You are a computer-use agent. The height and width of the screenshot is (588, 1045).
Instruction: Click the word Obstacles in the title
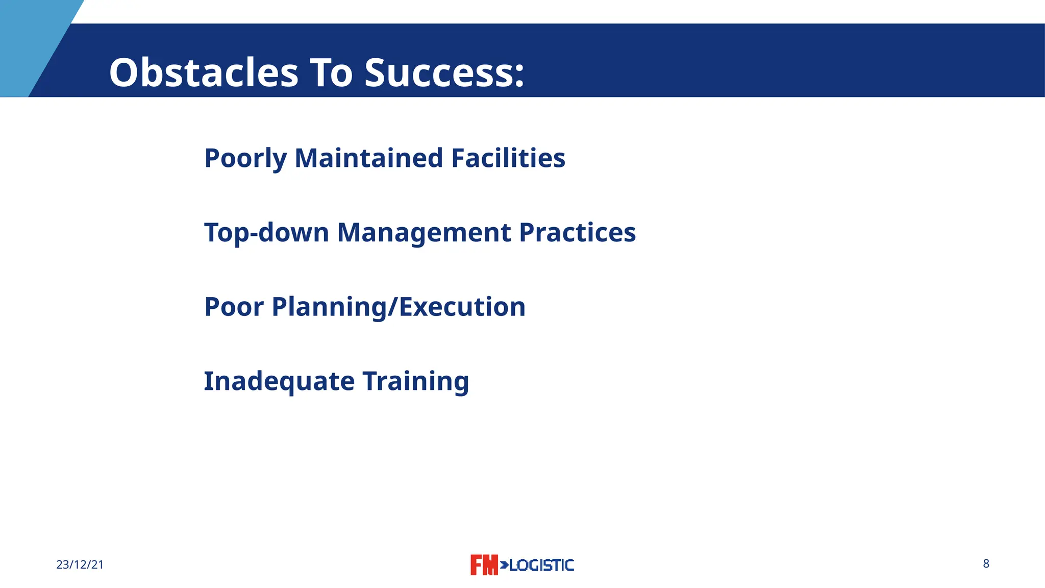point(204,73)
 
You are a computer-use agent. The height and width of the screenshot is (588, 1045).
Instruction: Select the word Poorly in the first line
point(245,158)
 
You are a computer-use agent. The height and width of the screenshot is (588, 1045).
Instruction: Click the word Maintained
point(368,158)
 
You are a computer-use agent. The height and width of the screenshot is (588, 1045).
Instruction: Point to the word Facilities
point(508,158)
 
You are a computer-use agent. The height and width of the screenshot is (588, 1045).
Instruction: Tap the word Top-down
point(266,233)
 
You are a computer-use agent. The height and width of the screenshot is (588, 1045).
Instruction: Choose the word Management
point(424,233)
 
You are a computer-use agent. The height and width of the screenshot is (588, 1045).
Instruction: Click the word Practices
point(577,233)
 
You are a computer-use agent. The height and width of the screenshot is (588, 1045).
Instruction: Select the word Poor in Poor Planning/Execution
point(234,307)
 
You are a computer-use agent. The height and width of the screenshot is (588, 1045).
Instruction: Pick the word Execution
point(462,307)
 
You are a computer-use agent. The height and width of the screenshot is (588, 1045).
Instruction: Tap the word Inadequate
point(279,381)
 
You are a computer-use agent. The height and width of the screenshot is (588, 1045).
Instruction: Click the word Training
point(415,381)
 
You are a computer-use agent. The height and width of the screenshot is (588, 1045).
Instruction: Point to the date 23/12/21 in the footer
point(80,565)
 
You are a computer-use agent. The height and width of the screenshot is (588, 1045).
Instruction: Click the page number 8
point(986,563)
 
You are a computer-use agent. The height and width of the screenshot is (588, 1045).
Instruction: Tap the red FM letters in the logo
point(483,565)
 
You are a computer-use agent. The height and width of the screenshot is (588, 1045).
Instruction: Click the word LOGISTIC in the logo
point(541,565)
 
